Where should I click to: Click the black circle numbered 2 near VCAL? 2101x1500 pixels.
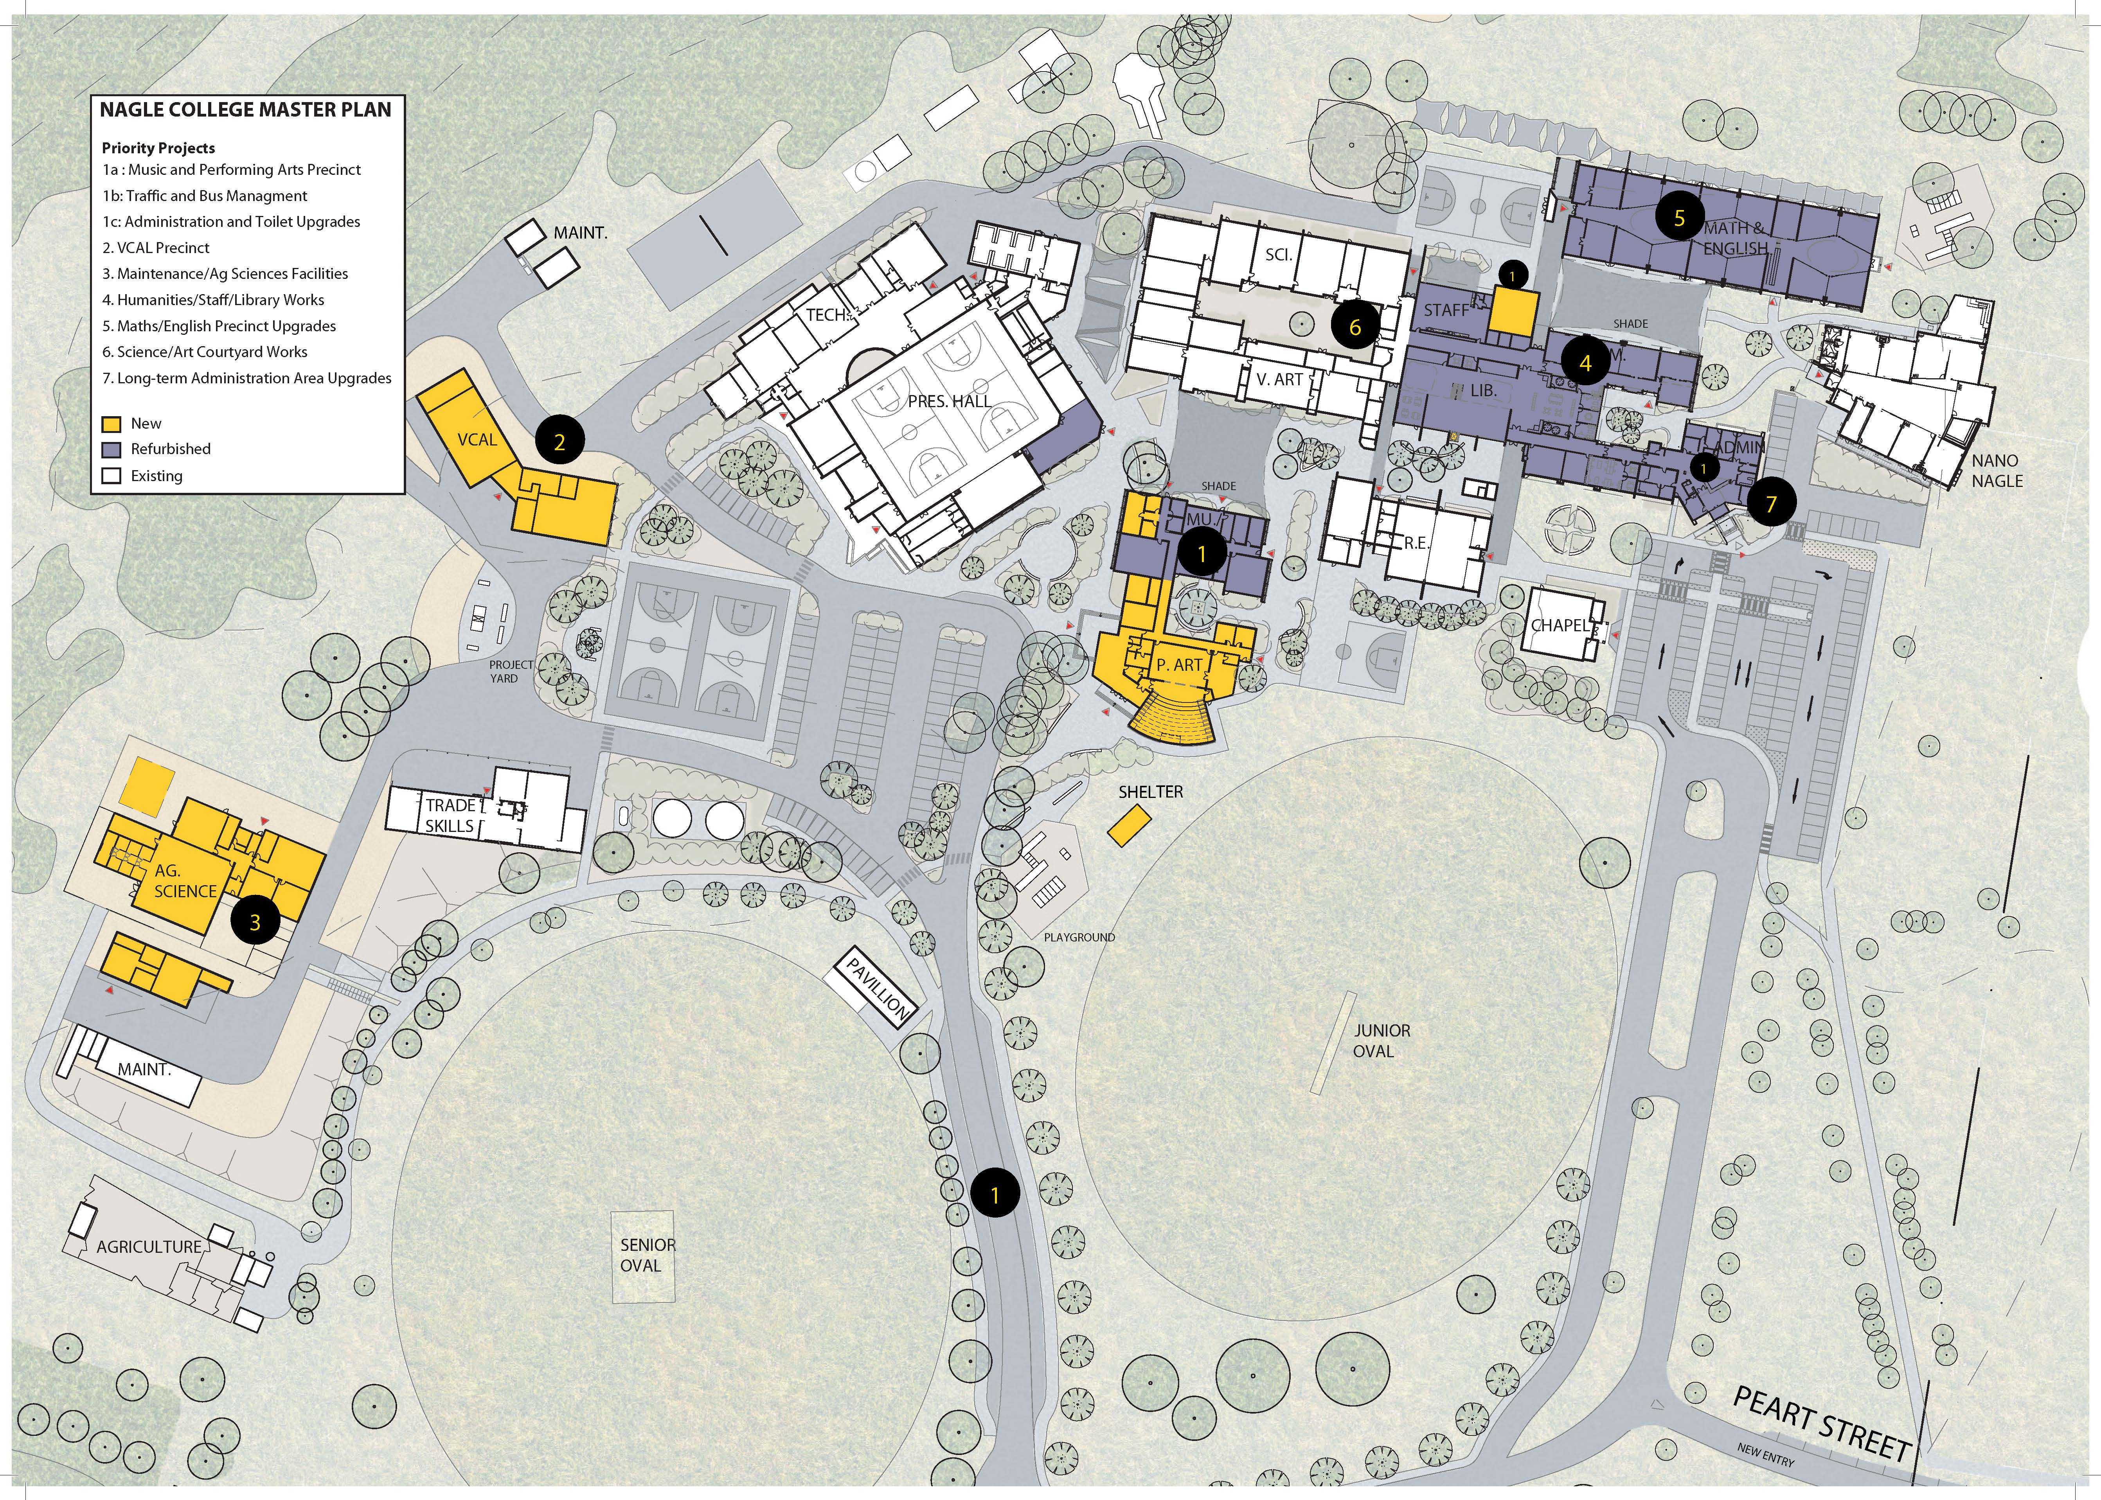coord(559,442)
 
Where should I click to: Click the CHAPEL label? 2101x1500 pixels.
coord(1561,625)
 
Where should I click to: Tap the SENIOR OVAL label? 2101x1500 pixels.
coord(648,1254)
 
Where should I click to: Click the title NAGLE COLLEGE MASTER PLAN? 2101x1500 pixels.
coord(246,110)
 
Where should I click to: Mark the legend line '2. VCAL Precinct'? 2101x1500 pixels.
coord(156,248)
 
